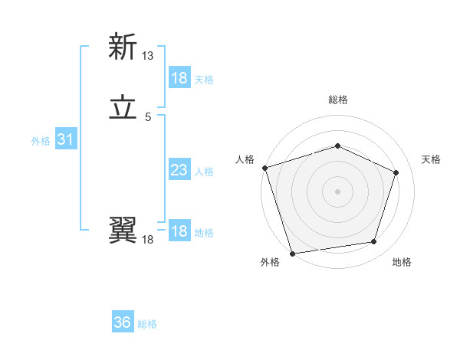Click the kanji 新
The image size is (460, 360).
coord(123,47)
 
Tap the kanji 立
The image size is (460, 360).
coord(123,108)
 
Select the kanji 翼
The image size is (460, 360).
coord(123,229)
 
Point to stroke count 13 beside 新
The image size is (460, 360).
coord(148,55)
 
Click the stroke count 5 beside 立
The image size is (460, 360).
coord(148,116)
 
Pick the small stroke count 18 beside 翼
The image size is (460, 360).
coord(148,240)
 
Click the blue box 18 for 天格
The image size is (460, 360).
coord(179,78)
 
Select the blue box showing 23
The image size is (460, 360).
coord(179,170)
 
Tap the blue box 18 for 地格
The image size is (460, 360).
coord(179,231)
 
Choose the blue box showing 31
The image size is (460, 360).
coord(65,139)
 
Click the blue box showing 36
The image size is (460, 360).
coord(123,322)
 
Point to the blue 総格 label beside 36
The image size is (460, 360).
coord(147,324)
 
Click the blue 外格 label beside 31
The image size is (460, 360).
coord(41,141)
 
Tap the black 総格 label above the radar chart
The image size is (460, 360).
coord(338,100)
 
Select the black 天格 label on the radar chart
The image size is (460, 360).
coord(431,159)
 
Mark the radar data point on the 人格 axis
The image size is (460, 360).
coord(264,168)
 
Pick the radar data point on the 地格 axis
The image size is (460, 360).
coord(373,241)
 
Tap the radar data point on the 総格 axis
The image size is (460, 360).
coord(337,146)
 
